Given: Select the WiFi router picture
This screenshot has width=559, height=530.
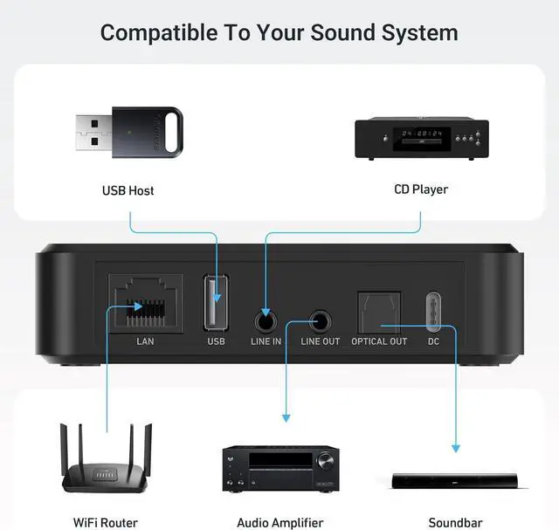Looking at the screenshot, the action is [x=107, y=461].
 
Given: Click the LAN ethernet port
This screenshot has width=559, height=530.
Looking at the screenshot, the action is [x=144, y=302].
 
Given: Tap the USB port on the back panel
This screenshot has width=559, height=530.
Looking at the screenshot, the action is [x=217, y=303].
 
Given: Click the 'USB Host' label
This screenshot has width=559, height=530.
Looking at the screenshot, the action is [x=128, y=190].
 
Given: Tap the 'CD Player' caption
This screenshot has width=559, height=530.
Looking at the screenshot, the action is [x=421, y=189].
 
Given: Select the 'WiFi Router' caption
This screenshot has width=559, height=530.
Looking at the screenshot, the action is [x=106, y=522].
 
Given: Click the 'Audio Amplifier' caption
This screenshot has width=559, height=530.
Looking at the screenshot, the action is [x=280, y=522].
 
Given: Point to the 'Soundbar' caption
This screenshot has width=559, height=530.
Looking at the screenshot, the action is [x=454, y=522].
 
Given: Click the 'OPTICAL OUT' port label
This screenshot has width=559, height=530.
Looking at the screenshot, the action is [x=379, y=341].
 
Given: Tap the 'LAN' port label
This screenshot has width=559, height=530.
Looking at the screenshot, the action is [x=145, y=341].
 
